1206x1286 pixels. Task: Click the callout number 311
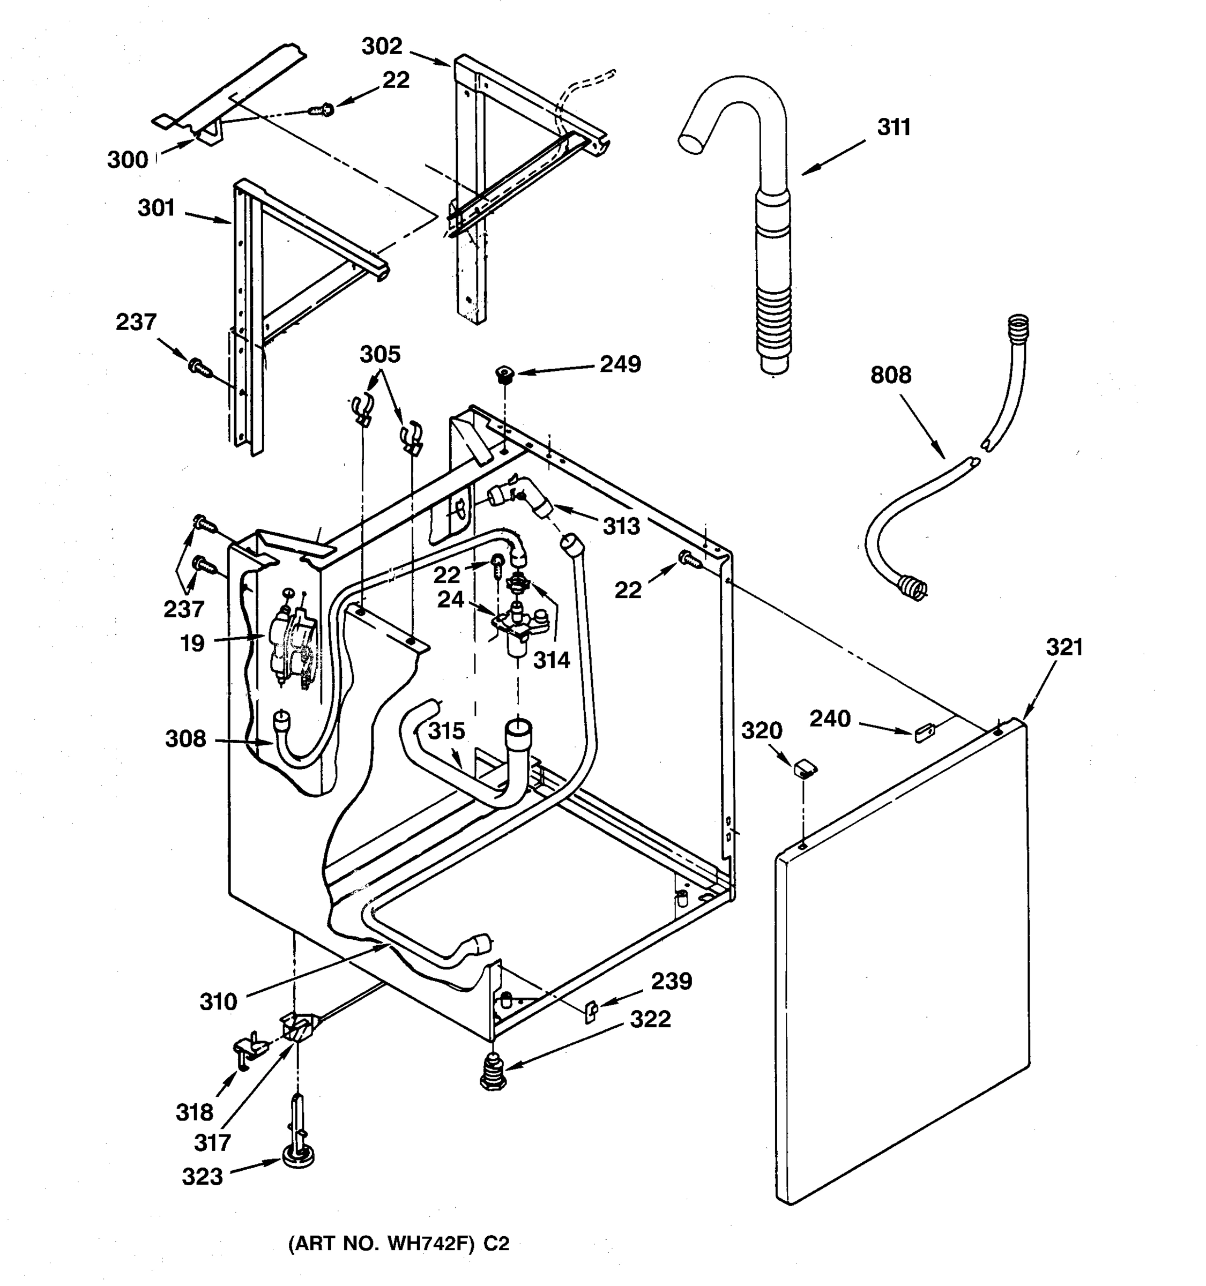[894, 128]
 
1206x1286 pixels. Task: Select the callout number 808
[890, 375]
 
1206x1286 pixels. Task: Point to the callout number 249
[620, 364]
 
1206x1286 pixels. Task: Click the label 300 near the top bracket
[128, 160]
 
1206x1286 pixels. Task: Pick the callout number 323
[202, 1177]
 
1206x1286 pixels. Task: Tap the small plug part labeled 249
[504, 373]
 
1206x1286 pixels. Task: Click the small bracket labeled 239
[591, 1010]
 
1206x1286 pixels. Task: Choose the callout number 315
[446, 731]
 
